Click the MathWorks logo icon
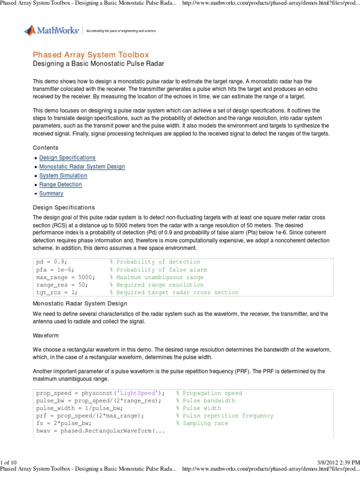click(30, 31)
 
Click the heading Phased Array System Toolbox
click(91, 55)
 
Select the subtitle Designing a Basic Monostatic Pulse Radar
click(98, 63)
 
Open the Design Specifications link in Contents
click(67, 158)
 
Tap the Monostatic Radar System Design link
click(82, 167)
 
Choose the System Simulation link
click(63, 176)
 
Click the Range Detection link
click(60, 185)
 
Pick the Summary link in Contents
click(51, 194)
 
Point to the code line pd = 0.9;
click(52, 262)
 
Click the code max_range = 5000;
click(65, 277)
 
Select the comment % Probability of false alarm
click(158, 270)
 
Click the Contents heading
click(45, 148)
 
